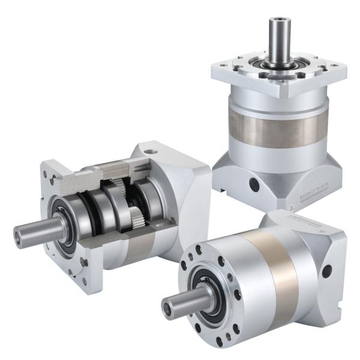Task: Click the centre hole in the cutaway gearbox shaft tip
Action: (x=17, y=237)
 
